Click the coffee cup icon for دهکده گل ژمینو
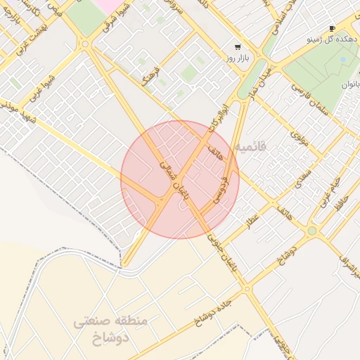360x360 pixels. tap(332, 29)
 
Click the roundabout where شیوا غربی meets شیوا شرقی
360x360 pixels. tap(85, 44)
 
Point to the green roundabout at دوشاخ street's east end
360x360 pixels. tap(311, 231)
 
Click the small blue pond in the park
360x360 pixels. tap(342, 60)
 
